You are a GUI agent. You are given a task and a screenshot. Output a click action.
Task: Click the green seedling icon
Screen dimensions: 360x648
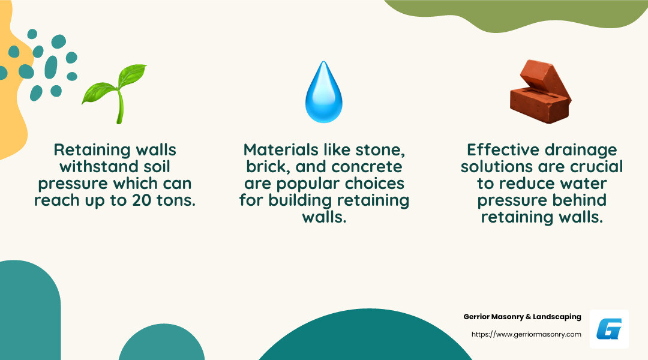click(x=114, y=92)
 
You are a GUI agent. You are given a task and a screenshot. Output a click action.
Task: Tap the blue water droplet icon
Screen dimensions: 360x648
click(x=324, y=92)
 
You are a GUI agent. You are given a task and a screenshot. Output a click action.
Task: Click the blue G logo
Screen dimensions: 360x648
click(x=609, y=329)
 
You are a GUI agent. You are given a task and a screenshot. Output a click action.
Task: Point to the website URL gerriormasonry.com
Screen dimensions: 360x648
click(x=526, y=334)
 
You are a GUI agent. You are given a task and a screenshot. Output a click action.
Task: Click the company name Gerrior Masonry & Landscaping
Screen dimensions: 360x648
click(x=522, y=317)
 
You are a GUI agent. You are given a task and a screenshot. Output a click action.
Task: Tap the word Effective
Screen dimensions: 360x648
click(x=502, y=149)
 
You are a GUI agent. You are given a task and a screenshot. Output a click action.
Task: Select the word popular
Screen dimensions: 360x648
click(x=313, y=183)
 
